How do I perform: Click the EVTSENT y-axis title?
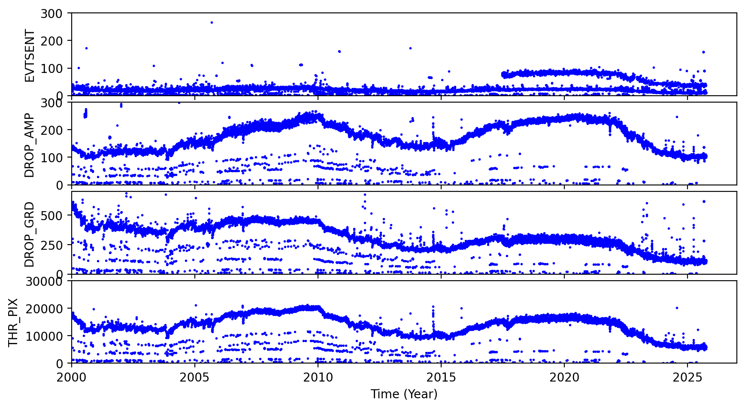coord(29,55)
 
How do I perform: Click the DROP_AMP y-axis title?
coord(29,145)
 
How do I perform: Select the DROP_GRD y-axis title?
coord(29,234)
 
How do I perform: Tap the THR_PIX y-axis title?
coord(13,322)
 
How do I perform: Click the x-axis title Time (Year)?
coord(404,394)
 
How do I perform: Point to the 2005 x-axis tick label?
coord(195,378)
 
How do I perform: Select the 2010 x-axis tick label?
coord(318,378)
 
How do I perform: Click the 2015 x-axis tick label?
coord(441,378)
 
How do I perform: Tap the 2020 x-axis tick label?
coord(564,378)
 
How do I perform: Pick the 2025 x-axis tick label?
coord(687,378)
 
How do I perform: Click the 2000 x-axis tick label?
coord(72,378)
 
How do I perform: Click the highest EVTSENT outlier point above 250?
coord(212,22)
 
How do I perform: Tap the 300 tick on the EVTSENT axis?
coord(51,14)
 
